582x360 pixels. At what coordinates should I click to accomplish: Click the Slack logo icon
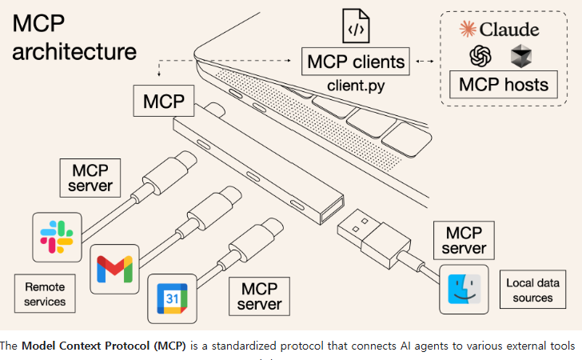click(57, 237)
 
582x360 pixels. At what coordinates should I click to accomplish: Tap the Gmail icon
click(114, 269)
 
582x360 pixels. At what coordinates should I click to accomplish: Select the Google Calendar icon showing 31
click(172, 298)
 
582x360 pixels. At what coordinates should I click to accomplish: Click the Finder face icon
click(464, 289)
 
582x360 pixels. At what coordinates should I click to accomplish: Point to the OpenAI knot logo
click(480, 56)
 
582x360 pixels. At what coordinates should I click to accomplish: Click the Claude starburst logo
click(468, 29)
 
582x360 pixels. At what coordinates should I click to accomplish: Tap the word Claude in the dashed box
click(509, 30)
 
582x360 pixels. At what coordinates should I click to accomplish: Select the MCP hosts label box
click(504, 84)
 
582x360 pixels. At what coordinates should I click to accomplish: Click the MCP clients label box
click(356, 62)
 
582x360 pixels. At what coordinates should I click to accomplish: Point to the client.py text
click(356, 86)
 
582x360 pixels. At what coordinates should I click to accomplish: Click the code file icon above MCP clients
click(356, 26)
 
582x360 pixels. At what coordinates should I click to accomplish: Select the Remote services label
click(45, 294)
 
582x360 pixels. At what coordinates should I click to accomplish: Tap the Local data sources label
click(532, 290)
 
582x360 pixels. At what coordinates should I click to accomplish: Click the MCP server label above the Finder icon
click(464, 240)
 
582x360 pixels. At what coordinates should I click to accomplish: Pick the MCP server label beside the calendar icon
click(260, 297)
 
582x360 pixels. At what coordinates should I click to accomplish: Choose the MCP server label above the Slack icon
click(90, 178)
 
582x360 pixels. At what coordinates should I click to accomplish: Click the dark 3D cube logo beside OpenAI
click(521, 56)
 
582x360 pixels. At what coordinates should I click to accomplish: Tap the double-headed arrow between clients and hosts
click(425, 62)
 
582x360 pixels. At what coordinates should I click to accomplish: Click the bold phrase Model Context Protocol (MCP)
click(104, 346)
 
